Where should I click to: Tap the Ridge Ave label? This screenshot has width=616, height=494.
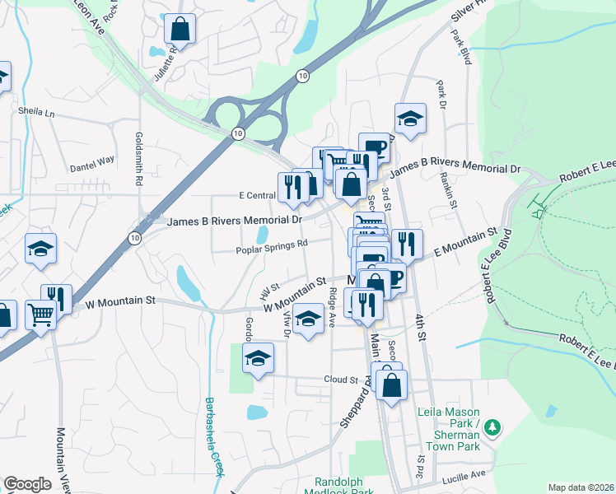click(333, 306)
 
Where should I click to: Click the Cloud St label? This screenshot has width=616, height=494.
click(341, 380)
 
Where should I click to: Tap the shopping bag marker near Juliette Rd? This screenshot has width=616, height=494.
click(180, 30)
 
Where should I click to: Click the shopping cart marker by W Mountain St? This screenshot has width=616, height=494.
click(40, 312)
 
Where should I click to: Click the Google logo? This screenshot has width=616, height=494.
click(27, 484)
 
